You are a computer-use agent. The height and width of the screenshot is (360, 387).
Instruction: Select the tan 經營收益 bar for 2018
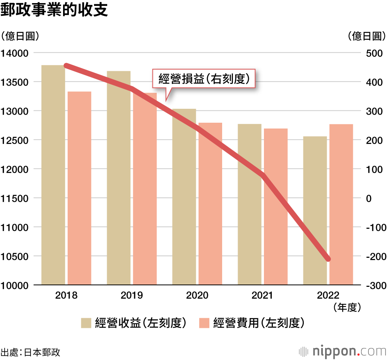53,174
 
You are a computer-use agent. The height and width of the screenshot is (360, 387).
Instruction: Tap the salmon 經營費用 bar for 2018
79,188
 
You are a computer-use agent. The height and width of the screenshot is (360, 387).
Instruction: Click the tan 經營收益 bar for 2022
315,211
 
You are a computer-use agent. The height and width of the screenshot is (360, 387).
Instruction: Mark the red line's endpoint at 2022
328,259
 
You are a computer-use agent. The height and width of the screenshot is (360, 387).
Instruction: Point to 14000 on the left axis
15,53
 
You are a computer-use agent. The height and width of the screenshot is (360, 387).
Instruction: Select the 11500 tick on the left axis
15,198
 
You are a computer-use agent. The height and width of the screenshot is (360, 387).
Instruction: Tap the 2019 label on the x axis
132,295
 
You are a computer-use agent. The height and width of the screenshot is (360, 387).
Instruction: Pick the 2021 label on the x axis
262,295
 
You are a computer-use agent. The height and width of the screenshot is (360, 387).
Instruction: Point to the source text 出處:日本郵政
31,352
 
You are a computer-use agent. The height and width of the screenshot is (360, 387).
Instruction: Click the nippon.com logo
343,351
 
